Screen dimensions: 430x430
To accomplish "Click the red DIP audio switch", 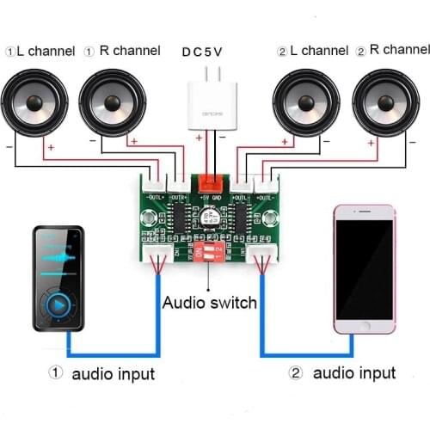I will (x=212, y=252).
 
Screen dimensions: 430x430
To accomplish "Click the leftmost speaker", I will (x=36, y=105).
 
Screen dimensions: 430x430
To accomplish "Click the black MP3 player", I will (x=60, y=279).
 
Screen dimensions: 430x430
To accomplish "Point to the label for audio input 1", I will (x=102, y=373).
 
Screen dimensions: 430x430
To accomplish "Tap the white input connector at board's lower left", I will (x=157, y=253).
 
